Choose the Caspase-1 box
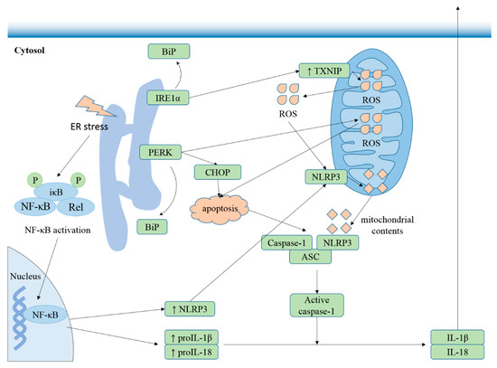286,242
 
